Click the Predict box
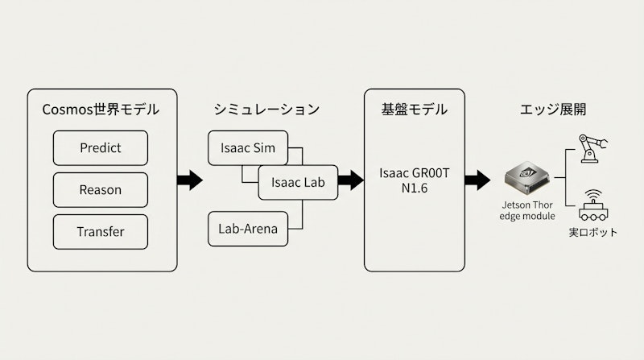point(101,148)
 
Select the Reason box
point(101,190)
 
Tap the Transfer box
point(101,232)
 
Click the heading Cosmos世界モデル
point(101,109)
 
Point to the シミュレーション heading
point(267,109)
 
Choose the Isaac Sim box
point(248,147)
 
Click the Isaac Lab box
point(298,182)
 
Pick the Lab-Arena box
point(248,230)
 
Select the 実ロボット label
point(594,233)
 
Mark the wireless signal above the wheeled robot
point(594,195)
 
